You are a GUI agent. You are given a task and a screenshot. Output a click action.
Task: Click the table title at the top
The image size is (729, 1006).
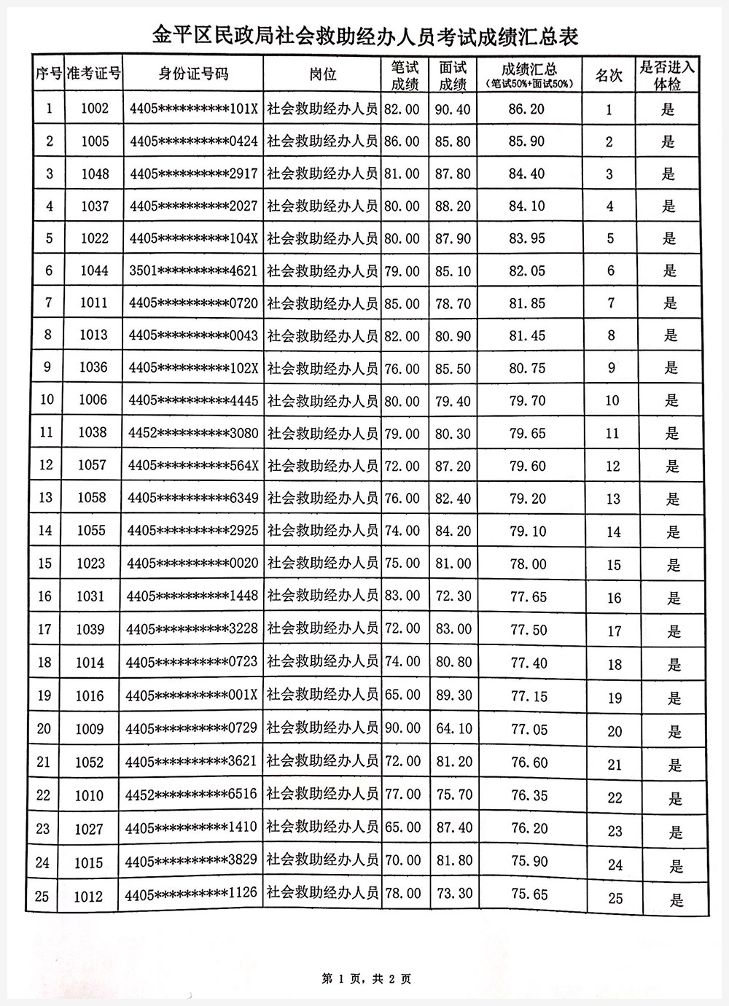[x=364, y=35]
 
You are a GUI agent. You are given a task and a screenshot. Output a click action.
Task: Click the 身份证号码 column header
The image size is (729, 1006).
[x=193, y=74]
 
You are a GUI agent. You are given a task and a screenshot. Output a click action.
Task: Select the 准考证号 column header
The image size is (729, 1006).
[x=93, y=74]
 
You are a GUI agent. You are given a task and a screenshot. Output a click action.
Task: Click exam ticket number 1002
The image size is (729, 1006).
[x=95, y=109]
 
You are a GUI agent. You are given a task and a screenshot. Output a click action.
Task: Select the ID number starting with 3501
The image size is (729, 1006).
[x=193, y=270]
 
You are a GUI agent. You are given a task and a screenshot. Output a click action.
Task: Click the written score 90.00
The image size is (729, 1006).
[x=402, y=728]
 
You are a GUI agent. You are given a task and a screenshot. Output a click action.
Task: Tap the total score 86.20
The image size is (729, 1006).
[x=527, y=109]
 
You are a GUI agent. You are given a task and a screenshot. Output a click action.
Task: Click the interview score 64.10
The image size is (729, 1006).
[x=453, y=728]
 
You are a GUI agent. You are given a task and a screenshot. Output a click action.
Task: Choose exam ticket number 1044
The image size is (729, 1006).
[x=94, y=270]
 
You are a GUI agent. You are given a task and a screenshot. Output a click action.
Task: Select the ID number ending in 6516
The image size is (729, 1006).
[x=192, y=795]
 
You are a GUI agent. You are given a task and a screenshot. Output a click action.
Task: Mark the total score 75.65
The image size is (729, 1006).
[x=529, y=894]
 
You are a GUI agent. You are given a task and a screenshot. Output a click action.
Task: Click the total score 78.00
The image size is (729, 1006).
[x=529, y=564]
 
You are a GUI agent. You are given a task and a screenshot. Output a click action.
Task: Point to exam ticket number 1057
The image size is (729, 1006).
[x=92, y=465]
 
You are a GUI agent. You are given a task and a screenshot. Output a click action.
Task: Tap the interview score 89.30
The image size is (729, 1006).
[x=453, y=695]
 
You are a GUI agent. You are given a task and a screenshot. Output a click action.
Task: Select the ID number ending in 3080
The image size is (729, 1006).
[x=192, y=433]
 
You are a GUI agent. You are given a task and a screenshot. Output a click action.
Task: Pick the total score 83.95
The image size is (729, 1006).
[x=528, y=238]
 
